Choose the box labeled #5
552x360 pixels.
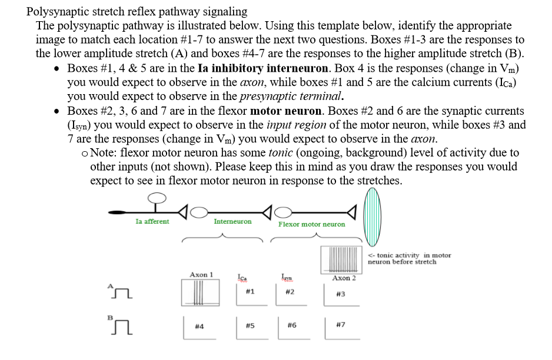pyautogui.click(x=250, y=326)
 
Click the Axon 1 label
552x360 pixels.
pyautogui.click(x=201, y=274)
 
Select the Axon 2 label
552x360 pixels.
pyautogui.click(x=344, y=278)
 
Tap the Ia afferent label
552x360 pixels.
pyautogui.click(x=152, y=221)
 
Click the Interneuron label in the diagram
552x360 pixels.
pyautogui.click(x=232, y=221)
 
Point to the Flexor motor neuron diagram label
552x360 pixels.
pyautogui.click(x=311, y=224)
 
